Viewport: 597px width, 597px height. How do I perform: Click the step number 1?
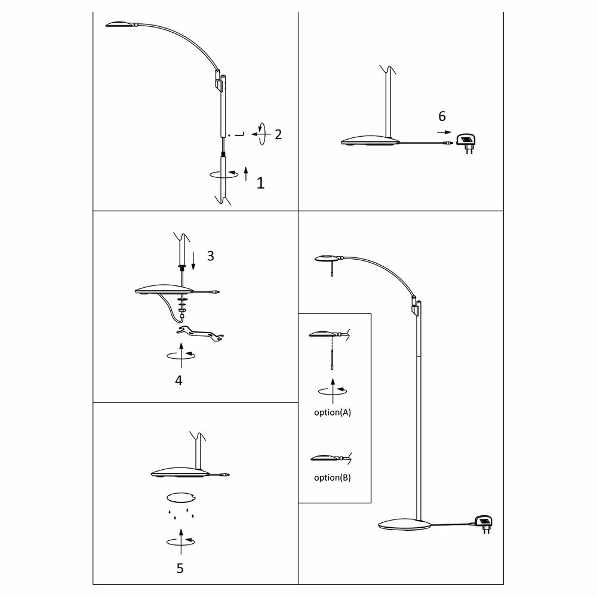260,183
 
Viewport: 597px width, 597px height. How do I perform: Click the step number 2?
278,134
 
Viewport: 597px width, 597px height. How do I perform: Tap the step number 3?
210,256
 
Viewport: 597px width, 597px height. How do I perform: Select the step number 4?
179,380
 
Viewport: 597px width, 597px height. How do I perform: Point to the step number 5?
180,568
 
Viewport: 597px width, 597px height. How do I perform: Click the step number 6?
442,116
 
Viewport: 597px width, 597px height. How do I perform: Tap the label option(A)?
333,413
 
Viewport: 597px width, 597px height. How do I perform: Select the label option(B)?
333,478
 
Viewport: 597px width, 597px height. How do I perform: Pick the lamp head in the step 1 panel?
122,23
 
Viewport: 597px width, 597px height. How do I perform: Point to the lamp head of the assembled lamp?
326,258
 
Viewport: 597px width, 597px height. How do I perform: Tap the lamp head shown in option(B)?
324,458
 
